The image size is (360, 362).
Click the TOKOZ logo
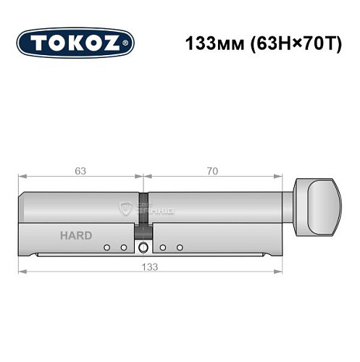(x=75, y=43)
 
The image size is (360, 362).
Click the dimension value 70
(x=212, y=171)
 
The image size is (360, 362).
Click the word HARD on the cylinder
(x=76, y=235)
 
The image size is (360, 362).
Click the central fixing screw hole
(x=143, y=248)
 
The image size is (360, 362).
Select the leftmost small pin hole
(x=106, y=248)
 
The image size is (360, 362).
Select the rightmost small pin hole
(x=180, y=248)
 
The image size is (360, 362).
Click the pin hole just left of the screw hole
(x=123, y=248)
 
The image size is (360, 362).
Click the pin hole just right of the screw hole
(x=164, y=248)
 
